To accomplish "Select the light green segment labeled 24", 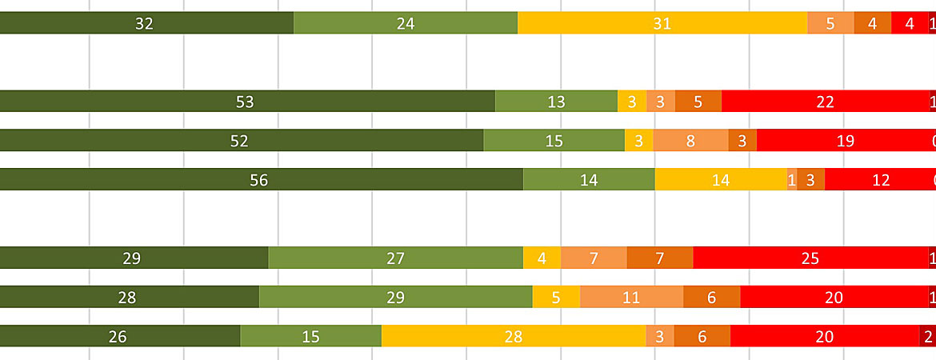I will [x=406, y=23].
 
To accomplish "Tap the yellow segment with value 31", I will [x=662, y=23].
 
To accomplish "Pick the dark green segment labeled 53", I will [x=246, y=102].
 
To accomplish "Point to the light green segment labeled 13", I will [x=556, y=102].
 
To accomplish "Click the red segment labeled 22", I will [x=825, y=102].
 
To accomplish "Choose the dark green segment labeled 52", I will [x=240, y=141].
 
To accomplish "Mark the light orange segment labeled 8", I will [x=690, y=141].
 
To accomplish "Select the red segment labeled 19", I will [x=844, y=141].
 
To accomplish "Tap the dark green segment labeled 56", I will [x=260, y=180].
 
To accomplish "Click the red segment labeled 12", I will [x=880, y=180].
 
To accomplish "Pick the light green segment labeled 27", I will [x=395, y=258].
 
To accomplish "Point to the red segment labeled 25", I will [x=810, y=258].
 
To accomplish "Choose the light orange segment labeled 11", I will [x=631, y=298].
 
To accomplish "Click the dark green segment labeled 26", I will [x=118, y=337].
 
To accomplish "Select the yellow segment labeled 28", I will [x=514, y=337].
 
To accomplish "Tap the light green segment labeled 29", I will [x=395, y=298].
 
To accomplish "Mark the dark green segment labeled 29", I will [x=133, y=258].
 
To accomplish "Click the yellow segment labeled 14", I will [x=721, y=180].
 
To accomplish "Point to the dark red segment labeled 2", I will [x=928, y=337].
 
